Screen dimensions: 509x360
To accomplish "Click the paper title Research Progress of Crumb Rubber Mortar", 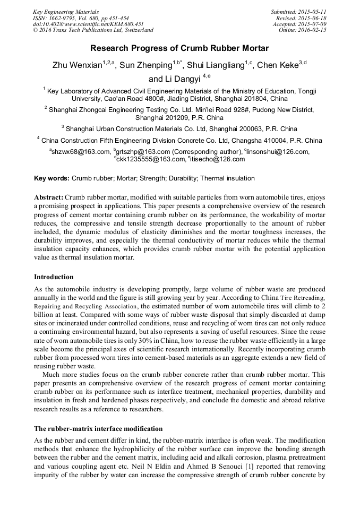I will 179,48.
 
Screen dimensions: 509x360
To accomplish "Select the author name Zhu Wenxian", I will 76,66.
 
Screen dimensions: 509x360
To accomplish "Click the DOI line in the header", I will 88,24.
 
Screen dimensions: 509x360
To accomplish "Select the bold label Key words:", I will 52,178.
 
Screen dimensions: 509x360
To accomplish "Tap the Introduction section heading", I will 54,277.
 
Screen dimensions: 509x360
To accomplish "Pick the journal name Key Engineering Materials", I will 66,11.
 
